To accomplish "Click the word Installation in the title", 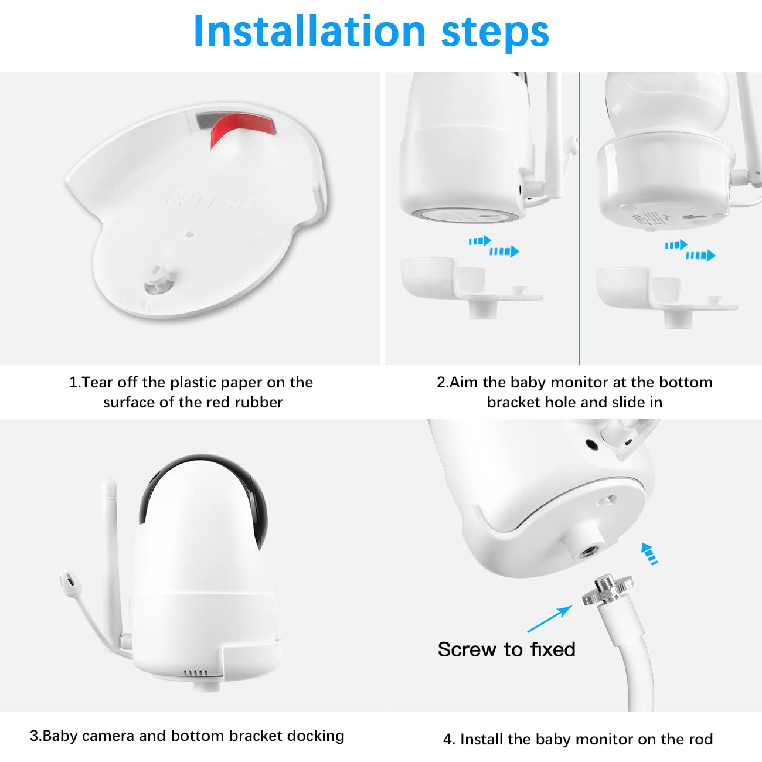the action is tap(309, 31).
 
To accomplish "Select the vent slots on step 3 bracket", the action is tap(196, 673).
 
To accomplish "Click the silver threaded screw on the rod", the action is tap(608, 589).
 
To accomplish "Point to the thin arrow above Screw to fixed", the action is tap(550, 619).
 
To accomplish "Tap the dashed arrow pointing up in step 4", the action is tap(649, 553).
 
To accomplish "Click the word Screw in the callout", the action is tap(467, 649).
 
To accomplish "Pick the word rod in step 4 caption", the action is tap(701, 740).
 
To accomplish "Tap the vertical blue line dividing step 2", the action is tap(579, 218).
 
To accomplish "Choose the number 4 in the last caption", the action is tap(447, 740).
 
